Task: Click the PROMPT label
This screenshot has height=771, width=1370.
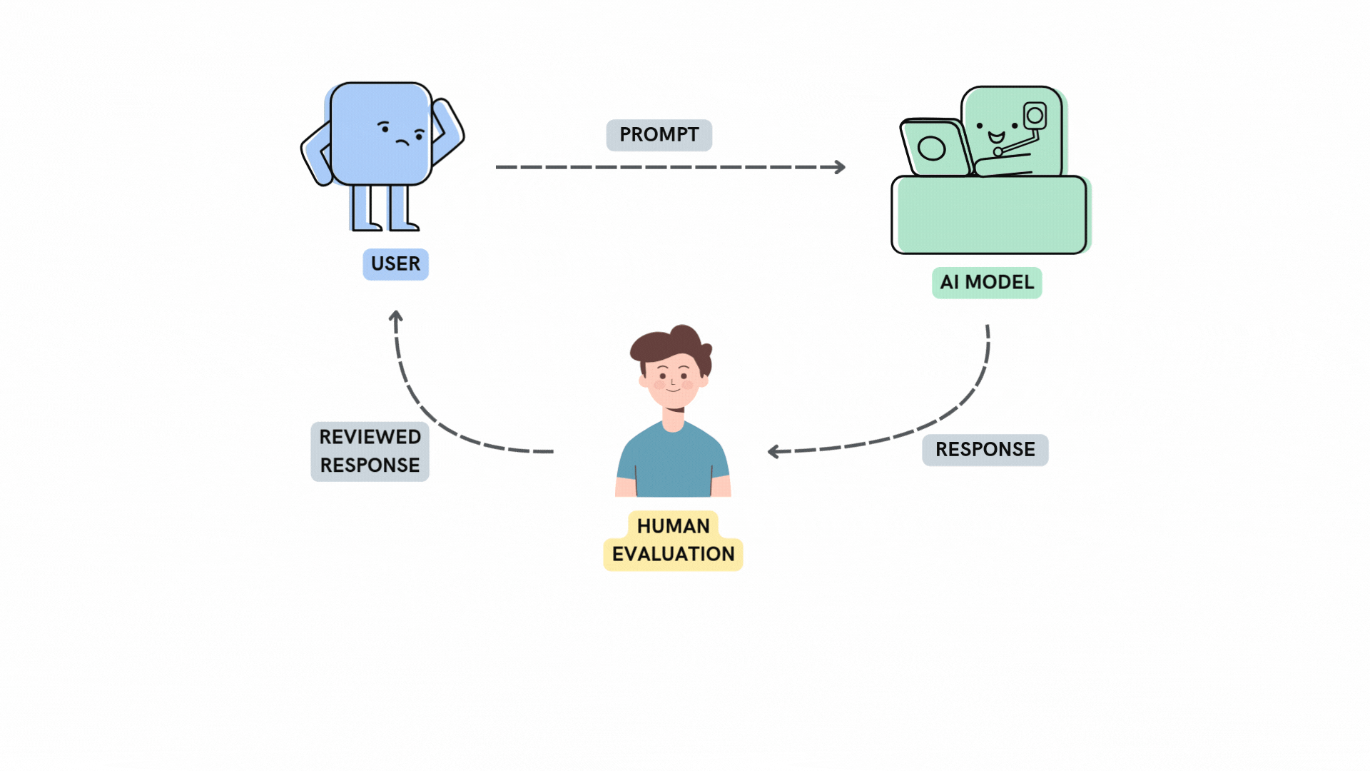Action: click(x=659, y=135)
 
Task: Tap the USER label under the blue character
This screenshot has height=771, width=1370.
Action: click(x=395, y=264)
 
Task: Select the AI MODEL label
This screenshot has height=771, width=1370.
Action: click(x=987, y=283)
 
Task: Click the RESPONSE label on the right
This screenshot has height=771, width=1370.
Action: click(x=985, y=450)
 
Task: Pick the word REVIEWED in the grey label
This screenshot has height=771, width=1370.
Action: click(x=370, y=437)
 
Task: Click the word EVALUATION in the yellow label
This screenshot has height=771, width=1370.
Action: click(x=673, y=555)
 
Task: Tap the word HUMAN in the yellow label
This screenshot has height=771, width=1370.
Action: click(x=673, y=526)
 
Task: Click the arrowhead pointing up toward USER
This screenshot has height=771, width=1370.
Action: click(x=396, y=316)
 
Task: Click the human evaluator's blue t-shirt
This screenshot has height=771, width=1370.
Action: click(x=672, y=464)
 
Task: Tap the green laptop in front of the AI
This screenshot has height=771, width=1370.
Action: click(x=935, y=148)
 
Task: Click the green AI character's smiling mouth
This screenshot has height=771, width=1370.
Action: click(x=996, y=138)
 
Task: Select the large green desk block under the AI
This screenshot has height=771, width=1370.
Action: click(x=989, y=216)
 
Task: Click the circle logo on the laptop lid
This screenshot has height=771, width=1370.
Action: click(x=931, y=148)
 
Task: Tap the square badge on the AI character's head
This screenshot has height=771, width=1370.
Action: click(x=1035, y=116)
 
